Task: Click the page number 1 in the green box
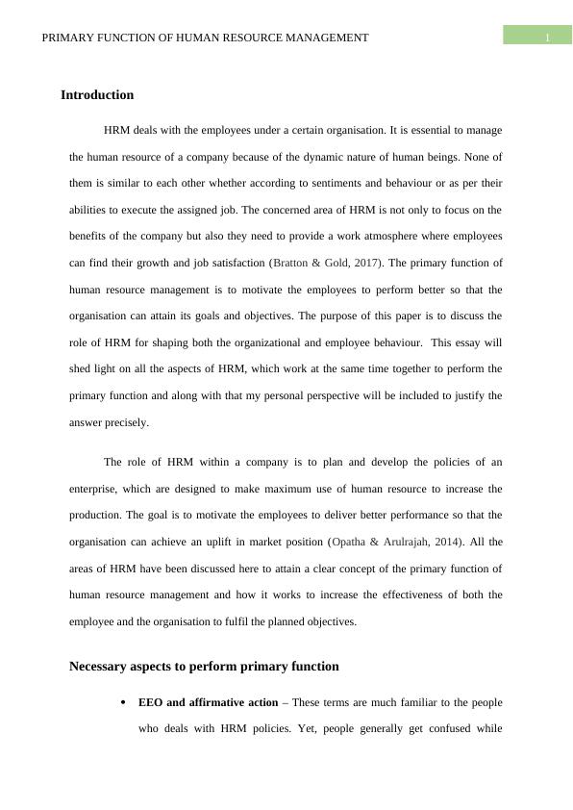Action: pyautogui.click(x=546, y=38)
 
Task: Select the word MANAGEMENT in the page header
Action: pyautogui.click(x=322, y=38)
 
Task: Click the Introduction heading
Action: pyautogui.click(x=97, y=95)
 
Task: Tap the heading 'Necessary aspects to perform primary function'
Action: pyautogui.click(x=204, y=666)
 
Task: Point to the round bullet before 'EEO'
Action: pyautogui.click(x=123, y=703)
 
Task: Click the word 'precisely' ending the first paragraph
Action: pyautogui.click(x=127, y=422)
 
